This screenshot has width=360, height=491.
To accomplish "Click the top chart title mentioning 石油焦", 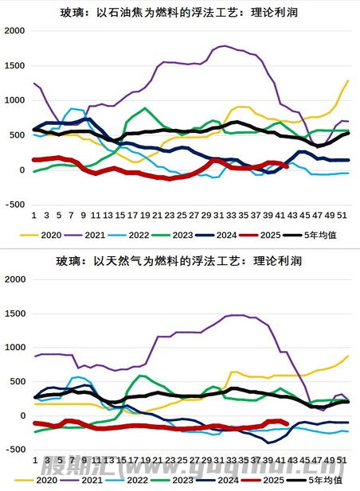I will click(180, 12).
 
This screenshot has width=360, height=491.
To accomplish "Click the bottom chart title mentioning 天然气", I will click(180, 260).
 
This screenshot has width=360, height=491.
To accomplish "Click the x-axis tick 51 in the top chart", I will click(341, 215).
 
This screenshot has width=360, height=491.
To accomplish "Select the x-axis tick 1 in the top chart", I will click(33, 215).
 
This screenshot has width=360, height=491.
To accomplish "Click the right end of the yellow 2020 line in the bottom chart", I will click(348, 357).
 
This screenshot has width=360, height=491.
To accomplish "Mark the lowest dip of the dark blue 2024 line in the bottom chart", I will click(268, 442).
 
